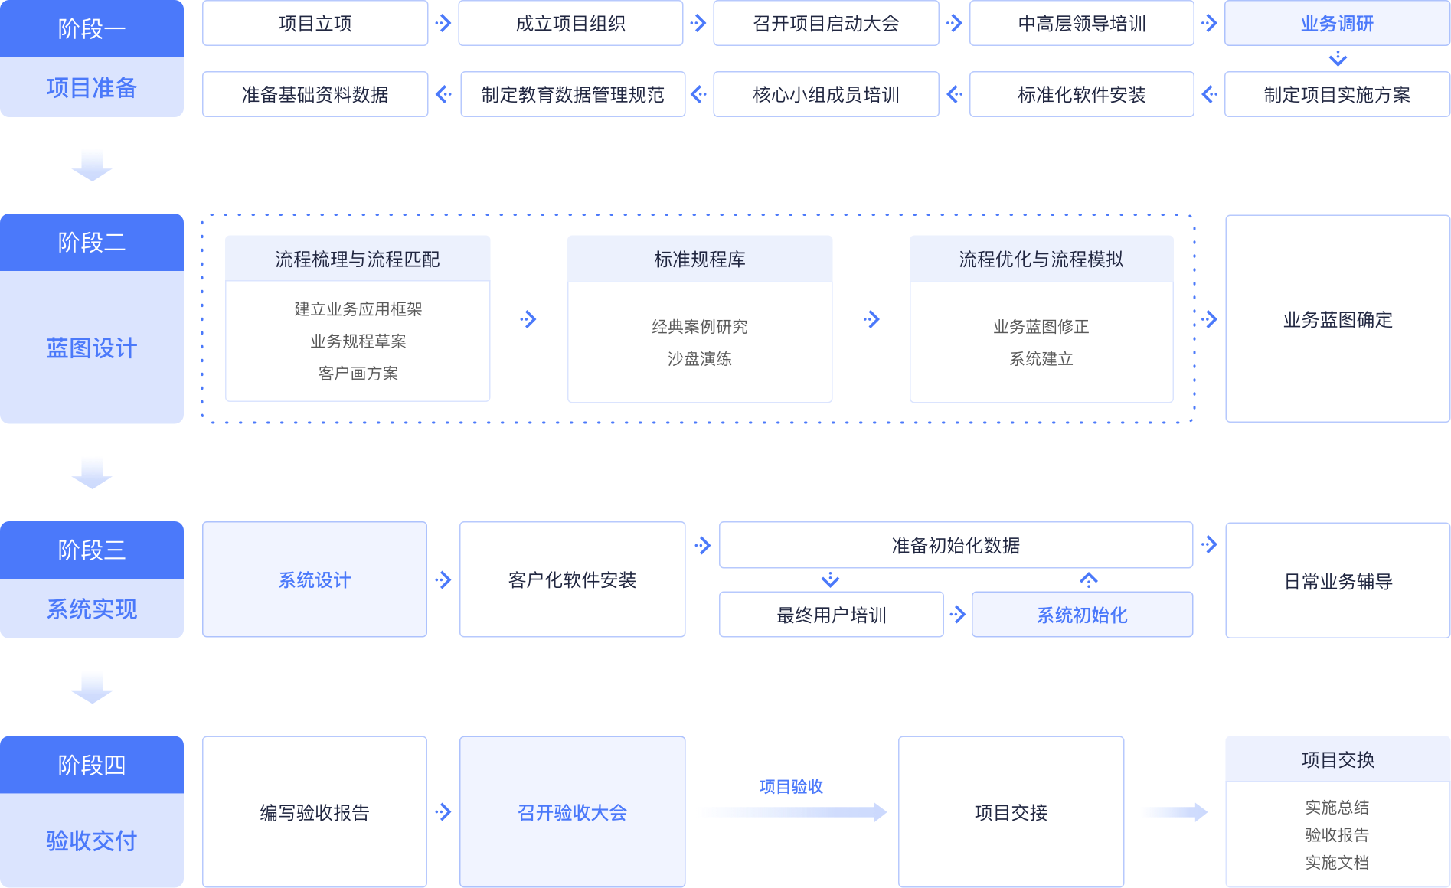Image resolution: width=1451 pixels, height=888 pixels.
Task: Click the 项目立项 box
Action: (x=315, y=24)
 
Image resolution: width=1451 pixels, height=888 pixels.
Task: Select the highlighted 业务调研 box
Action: (x=1337, y=24)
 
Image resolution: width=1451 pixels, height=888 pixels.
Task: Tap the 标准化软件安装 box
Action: (x=1081, y=94)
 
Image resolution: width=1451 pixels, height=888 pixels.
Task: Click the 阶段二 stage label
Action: (x=91, y=243)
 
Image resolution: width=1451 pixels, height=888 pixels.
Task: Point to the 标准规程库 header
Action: (x=699, y=260)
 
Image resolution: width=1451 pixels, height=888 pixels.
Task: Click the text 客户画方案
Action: (x=358, y=374)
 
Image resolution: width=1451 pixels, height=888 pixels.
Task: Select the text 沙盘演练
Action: (x=699, y=359)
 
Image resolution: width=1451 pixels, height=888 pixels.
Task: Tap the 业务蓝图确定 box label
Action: (x=1338, y=320)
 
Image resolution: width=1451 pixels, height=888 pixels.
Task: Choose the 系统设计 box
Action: (x=314, y=580)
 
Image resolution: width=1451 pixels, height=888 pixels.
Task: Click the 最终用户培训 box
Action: (x=831, y=615)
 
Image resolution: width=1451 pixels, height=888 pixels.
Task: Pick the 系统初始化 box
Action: (x=1082, y=615)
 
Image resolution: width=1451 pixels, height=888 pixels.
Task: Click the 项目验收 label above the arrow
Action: (x=791, y=787)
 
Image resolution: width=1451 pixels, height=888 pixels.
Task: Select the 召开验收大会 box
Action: (x=572, y=812)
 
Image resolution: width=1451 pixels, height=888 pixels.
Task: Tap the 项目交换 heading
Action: (x=1338, y=760)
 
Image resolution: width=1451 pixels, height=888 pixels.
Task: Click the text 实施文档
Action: (x=1337, y=863)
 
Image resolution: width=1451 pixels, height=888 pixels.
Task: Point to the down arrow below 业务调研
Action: (x=1338, y=59)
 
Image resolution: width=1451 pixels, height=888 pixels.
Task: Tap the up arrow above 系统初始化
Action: (x=1088, y=579)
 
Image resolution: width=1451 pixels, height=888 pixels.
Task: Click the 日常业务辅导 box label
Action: (x=1338, y=582)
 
